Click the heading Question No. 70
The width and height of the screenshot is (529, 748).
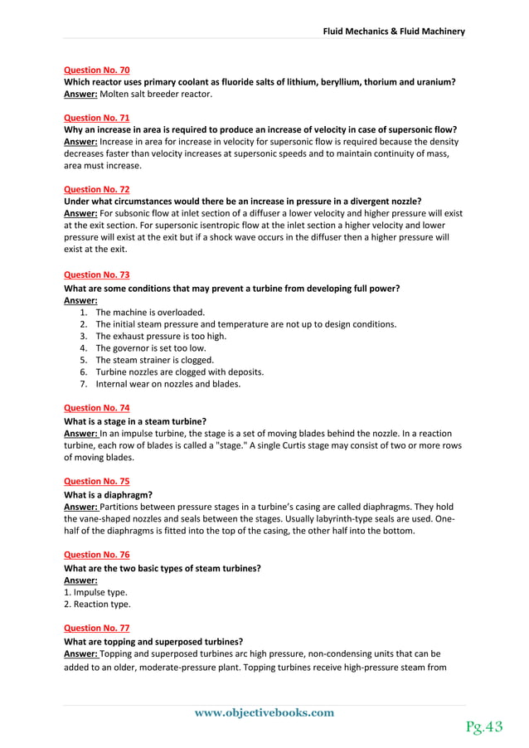tap(96, 70)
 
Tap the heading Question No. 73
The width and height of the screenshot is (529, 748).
tap(96, 274)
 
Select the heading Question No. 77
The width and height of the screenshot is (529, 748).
tap(96, 628)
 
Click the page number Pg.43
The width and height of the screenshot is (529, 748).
tap(483, 726)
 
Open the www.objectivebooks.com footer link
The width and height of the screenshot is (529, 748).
tap(264, 712)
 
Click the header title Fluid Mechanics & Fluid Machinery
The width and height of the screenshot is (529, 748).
tap(394, 32)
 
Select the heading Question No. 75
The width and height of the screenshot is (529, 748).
tap(96, 481)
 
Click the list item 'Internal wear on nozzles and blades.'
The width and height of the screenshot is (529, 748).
tap(168, 384)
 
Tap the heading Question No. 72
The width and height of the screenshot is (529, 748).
tap(96, 189)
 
